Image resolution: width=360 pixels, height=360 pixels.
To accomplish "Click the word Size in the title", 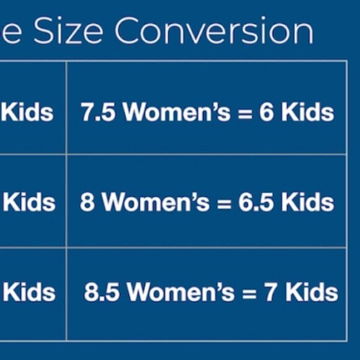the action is tap(68, 30).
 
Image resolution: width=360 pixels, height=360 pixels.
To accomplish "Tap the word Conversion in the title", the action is tap(214, 30).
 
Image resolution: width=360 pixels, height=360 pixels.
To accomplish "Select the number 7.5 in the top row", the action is tap(98, 112).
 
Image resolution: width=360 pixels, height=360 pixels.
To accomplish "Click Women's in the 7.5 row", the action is tap(176, 112).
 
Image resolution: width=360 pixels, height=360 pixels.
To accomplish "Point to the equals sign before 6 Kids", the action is tap(245, 113).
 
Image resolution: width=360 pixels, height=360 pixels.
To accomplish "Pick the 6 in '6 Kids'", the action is tap(266, 112).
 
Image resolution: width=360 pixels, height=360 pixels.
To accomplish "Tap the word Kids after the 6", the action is tap(308, 112).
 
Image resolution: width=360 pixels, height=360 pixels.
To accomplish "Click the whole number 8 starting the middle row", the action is tap(87, 202).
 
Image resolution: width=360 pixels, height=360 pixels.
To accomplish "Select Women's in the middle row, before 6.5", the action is tap(156, 202).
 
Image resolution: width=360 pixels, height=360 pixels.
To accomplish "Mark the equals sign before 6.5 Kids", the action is tap(224, 203).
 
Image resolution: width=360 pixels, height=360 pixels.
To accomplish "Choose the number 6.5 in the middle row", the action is tap(256, 202).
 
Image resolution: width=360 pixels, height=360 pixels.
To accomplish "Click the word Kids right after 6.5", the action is tap(308, 202).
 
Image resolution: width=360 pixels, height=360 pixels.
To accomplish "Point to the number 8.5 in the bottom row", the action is tap(102, 292).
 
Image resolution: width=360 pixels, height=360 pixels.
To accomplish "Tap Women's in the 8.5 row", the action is tap(181, 292).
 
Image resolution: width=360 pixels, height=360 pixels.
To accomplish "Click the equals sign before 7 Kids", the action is tap(250, 293).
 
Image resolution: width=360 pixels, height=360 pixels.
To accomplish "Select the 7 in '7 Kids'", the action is tap(270, 292).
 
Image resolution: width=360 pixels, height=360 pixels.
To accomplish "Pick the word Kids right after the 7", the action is tap(312, 292).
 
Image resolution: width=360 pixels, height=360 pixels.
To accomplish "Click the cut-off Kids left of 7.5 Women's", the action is tap(27, 112).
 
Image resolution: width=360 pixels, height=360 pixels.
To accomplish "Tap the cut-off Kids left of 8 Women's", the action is tap(29, 202).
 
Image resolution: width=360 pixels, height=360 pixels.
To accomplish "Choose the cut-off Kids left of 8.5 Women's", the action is tap(29, 292).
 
